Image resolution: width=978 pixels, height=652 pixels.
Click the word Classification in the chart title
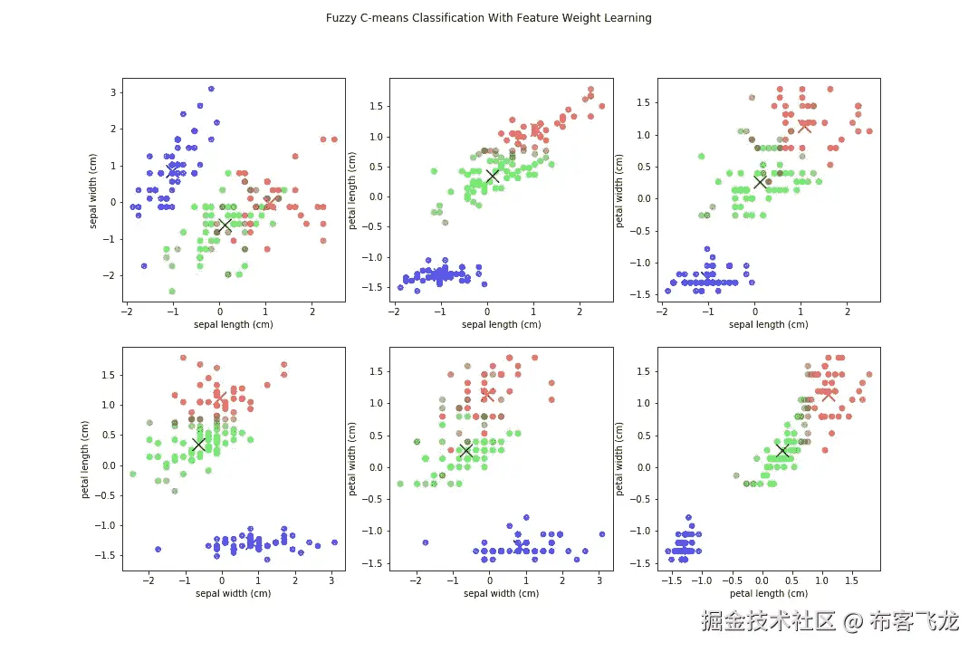click(464, 17)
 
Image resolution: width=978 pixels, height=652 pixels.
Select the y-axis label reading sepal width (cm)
click(94, 190)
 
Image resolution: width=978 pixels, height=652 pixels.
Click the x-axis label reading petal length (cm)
click(768, 593)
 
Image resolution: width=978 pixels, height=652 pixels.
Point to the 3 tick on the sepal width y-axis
click(115, 92)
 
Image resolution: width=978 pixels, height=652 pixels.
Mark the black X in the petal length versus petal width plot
click(781, 450)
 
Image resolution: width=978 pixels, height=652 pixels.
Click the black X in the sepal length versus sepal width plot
click(225, 224)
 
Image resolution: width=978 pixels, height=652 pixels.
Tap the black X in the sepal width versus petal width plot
click(465, 450)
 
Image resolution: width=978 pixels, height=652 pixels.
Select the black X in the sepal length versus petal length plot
click(493, 176)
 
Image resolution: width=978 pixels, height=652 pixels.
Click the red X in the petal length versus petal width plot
click(827, 393)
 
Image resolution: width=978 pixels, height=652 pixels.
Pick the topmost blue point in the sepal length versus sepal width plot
click(211, 89)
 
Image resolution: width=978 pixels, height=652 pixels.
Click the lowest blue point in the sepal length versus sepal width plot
click(144, 265)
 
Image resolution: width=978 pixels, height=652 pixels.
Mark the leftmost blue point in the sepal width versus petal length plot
click(158, 549)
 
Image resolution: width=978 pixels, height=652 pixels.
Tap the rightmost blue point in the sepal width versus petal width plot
click(601, 533)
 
